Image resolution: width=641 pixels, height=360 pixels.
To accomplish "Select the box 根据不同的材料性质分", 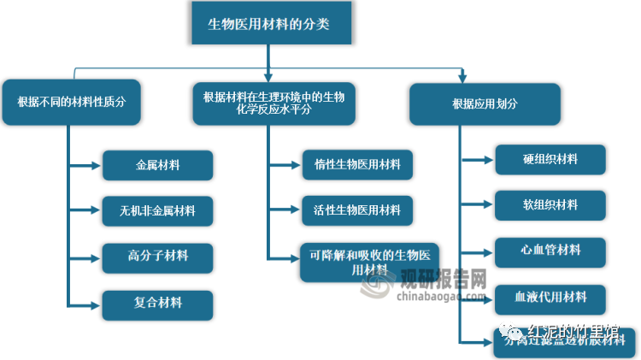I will point(72,102).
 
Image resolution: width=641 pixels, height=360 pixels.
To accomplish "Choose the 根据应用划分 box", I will point(485,103).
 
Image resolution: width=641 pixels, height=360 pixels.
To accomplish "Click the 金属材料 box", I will point(157,164).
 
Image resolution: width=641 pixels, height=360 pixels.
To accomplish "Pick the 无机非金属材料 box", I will point(157,210).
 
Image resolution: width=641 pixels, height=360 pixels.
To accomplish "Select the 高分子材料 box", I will point(157,256).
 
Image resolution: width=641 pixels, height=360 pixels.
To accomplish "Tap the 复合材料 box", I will point(157,303).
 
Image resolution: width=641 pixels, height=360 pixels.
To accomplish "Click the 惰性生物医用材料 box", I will point(357,164).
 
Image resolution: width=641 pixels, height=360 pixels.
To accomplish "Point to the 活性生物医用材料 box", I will point(357,210).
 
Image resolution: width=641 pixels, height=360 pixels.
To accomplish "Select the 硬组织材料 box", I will point(550,159).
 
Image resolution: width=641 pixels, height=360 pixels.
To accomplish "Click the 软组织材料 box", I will point(550,205).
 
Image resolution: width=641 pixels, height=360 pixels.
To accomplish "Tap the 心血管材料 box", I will point(550,251).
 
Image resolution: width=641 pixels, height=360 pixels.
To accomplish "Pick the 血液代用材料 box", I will point(550,298).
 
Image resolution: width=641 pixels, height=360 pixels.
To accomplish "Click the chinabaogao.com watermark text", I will point(439,296).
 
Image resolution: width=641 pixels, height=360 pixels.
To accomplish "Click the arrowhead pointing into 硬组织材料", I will point(490,159).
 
